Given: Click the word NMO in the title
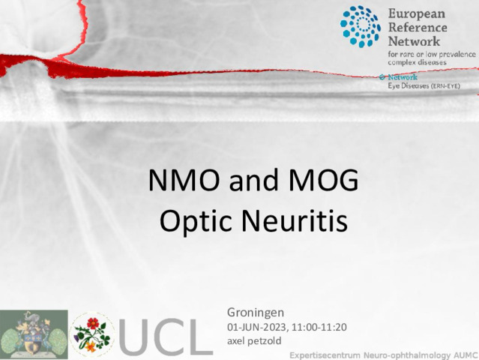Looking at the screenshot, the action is click(184, 180).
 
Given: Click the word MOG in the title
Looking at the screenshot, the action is click(324, 180).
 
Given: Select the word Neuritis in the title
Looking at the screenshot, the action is click(295, 220).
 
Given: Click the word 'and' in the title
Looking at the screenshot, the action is click(254, 181).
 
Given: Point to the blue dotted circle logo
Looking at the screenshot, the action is click(361, 26).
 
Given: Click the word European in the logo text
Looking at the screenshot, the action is click(416, 14).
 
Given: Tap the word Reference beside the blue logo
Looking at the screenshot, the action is click(418, 27).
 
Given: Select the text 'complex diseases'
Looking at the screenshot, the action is click(417, 63).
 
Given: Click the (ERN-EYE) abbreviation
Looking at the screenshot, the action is click(445, 86).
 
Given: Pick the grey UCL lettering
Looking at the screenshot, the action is click(166, 337).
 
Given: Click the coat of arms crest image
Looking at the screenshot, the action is click(34, 334).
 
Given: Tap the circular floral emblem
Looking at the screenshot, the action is click(92, 335).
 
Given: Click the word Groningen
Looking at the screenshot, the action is click(256, 313).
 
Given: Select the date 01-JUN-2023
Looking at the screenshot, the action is click(256, 327).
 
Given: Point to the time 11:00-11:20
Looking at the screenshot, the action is click(319, 327).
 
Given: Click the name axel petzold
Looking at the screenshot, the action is click(254, 340).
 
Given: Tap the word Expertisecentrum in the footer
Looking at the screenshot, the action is click(325, 355).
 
